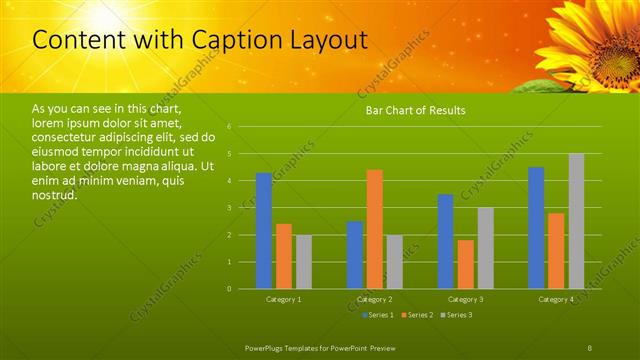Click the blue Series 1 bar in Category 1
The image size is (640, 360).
coord(263,231)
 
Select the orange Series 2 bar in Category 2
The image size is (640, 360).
coord(374,229)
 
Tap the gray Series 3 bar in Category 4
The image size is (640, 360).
coord(576,221)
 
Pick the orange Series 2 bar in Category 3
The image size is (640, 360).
coord(465,264)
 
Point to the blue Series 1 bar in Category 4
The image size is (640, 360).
coord(536,228)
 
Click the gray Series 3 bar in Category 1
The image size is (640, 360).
coord(303,262)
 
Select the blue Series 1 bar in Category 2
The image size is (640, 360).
coord(355,255)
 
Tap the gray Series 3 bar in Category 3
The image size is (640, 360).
coord(485,248)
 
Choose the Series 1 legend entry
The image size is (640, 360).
coord(377,316)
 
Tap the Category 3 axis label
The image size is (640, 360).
coord(465,299)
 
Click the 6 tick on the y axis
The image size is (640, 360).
coord(230,127)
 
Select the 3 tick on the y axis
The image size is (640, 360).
coord(230,208)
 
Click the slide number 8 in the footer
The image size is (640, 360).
coord(590,346)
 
